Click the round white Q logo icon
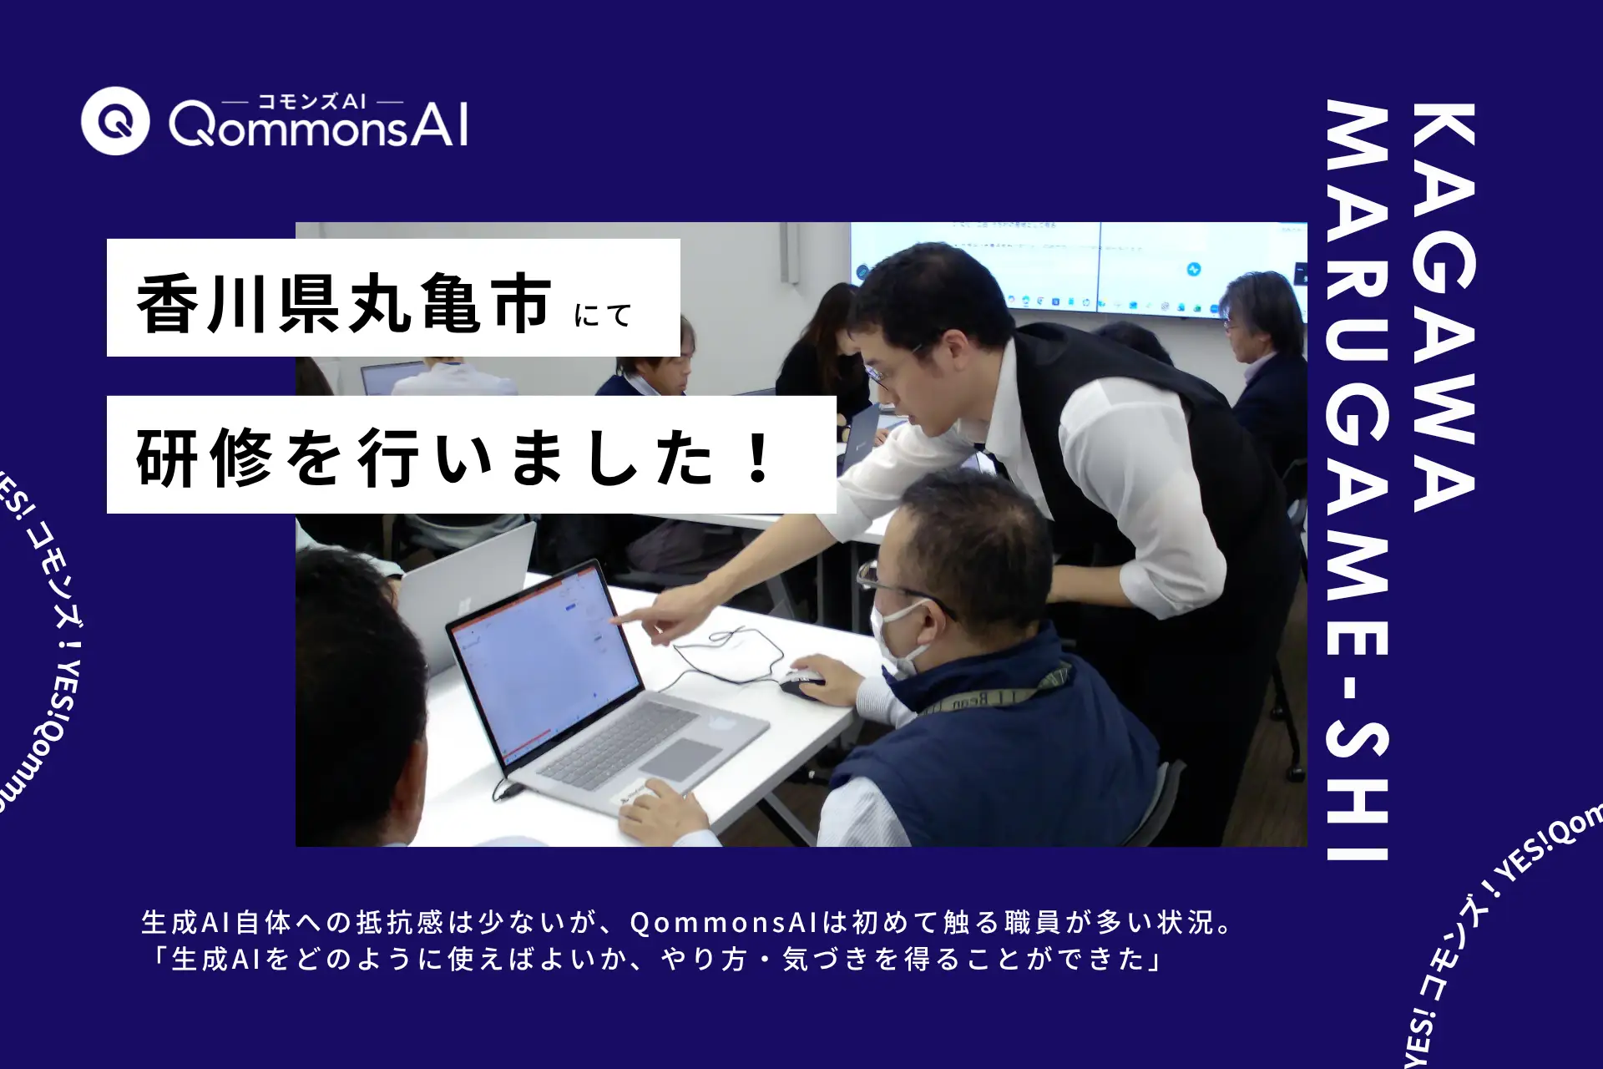click(x=115, y=121)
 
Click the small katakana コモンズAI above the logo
click(x=311, y=102)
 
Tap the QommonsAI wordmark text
click(x=318, y=127)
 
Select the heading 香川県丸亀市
click(x=343, y=303)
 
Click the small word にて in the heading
click(x=603, y=316)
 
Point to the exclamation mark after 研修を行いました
click(x=759, y=459)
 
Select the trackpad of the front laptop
click(x=680, y=759)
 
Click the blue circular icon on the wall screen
click(x=1194, y=270)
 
